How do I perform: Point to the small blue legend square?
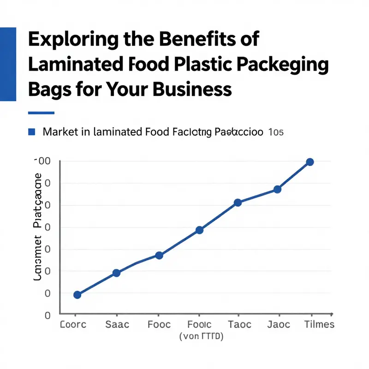32,132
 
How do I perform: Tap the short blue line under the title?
41,113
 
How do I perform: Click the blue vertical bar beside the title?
8,64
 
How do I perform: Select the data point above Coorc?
77,295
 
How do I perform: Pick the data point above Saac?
116,273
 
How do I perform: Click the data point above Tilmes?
310,162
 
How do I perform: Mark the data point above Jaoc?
277,190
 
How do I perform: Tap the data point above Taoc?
238,202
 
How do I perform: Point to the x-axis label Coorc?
73,324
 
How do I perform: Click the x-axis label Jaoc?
279,324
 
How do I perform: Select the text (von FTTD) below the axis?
201,337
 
